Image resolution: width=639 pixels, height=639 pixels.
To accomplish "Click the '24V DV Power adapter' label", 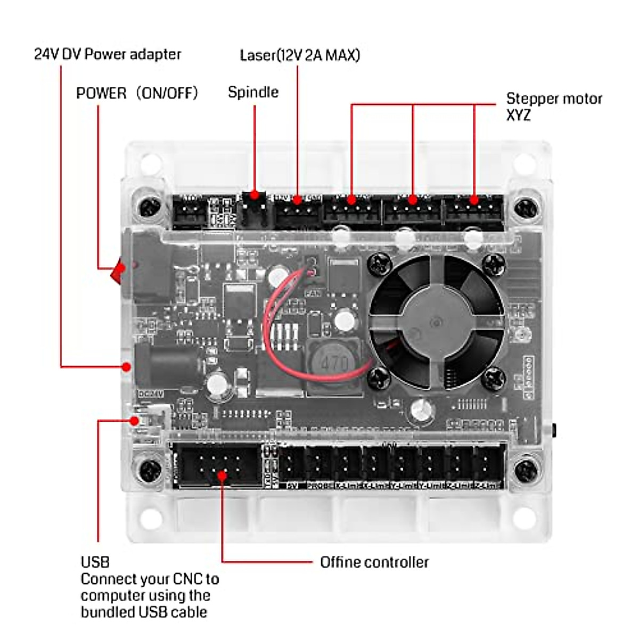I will (x=108, y=54).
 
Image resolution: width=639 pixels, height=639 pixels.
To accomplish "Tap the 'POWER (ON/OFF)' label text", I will (x=137, y=93).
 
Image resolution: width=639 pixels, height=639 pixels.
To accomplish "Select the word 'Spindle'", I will (x=253, y=92).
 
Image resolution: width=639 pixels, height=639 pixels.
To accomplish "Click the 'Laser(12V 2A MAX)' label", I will (x=300, y=55).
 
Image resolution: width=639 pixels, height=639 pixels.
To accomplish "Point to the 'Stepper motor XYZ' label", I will (x=553, y=106).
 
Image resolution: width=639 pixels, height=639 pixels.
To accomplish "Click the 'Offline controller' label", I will (x=374, y=562).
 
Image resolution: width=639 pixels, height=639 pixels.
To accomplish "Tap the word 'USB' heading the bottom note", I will (x=95, y=562).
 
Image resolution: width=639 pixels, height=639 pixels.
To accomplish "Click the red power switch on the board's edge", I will (x=118, y=271).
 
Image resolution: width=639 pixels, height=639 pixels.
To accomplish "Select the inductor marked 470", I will (x=334, y=364).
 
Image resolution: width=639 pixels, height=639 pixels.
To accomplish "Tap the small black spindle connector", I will (x=254, y=204).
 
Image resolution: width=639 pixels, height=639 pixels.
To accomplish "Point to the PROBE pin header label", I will (x=320, y=486).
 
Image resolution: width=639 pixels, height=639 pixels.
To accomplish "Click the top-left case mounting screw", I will (x=149, y=207).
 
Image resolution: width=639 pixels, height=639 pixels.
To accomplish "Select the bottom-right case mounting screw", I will (x=526, y=470).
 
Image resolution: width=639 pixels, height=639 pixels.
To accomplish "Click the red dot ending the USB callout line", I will (x=135, y=421).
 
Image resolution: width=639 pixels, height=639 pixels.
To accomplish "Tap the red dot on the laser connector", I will (x=297, y=200).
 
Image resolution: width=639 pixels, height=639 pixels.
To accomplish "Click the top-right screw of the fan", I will (x=494, y=261).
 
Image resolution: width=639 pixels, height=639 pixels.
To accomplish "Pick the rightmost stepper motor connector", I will (x=474, y=209).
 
